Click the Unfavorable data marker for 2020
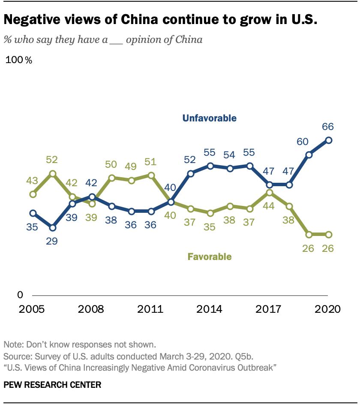coord(329,140)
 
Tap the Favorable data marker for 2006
coord(52,174)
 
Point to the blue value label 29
coord(52,241)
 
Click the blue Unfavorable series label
coord(209,118)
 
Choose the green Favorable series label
coord(210,257)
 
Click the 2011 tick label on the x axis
coord(150,309)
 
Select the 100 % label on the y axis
coord(19,60)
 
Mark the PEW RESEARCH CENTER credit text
coord(52,385)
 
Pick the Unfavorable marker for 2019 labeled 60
coord(309,155)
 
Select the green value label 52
coord(52,160)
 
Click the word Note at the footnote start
coord(12,345)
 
